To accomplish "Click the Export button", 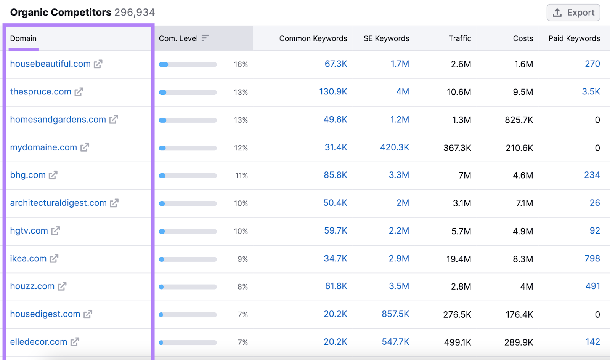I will [573, 13].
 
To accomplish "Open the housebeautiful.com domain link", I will [50, 64].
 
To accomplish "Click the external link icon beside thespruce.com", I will [79, 92].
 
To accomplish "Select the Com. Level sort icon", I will [205, 38].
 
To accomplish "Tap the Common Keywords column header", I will [313, 38].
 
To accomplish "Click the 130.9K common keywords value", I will [333, 92].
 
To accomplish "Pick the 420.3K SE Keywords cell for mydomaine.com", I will [394, 147].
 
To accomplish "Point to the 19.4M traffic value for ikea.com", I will [459, 259].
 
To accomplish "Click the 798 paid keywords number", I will [592, 259].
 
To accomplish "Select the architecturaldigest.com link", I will [58, 203].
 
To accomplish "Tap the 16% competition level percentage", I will [241, 64].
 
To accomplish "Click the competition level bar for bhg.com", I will [188, 176].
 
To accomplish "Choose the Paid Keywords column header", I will [574, 38].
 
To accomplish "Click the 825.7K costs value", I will [518, 120].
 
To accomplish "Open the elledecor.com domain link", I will [39, 342].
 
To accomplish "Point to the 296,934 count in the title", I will [135, 13].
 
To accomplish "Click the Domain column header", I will [23, 38].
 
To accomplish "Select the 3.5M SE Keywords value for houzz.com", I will [399, 286].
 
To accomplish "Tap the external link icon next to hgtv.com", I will [56, 231].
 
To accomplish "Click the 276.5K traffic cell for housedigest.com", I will [457, 315].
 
